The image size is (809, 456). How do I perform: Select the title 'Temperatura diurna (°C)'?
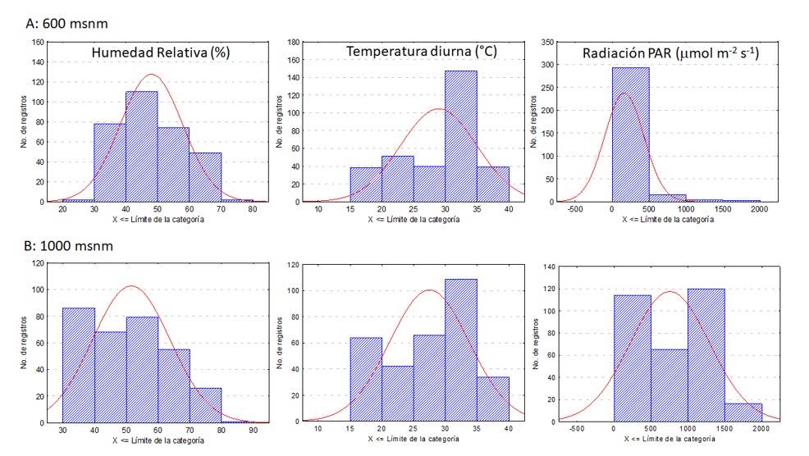click(x=422, y=52)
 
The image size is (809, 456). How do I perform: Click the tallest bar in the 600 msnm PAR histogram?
click(x=630, y=135)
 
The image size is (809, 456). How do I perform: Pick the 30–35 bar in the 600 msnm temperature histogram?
click(x=460, y=136)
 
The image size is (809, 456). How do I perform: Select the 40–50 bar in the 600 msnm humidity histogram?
click(x=141, y=146)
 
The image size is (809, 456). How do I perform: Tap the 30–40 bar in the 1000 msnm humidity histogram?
click(x=79, y=365)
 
